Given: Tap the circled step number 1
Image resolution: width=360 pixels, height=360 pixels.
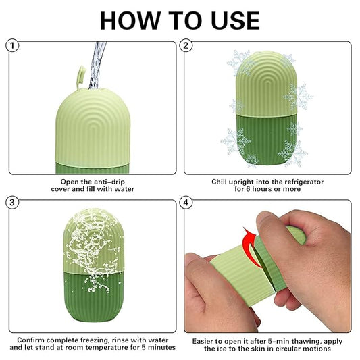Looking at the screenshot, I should tap(11, 46).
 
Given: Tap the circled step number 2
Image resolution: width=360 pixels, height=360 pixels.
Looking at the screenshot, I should tap(188, 46).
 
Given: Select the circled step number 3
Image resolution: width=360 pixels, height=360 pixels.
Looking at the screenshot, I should tap(11, 202).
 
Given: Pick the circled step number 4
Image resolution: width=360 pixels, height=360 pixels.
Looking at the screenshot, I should tap(188, 202).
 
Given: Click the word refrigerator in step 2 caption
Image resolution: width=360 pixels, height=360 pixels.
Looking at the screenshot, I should tap(298, 182).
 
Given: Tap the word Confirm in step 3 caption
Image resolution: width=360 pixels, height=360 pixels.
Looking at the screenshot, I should tap(32, 339).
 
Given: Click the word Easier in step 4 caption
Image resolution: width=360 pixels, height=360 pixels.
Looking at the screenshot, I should tap(206, 339).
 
